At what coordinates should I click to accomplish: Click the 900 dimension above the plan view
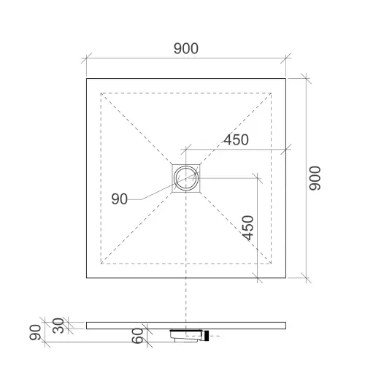[x=186, y=48]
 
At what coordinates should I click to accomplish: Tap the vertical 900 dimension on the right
[x=315, y=178]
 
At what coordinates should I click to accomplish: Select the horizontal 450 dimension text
[x=236, y=139]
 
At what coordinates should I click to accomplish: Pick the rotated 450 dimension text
[x=248, y=228]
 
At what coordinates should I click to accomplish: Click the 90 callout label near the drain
[x=119, y=199]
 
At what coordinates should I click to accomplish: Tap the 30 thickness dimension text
[x=58, y=326]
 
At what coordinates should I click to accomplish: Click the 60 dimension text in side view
[x=137, y=336]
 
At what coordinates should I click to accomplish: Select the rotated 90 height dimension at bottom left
[x=35, y=332]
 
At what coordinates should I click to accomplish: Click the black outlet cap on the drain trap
[x=207, y=336]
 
